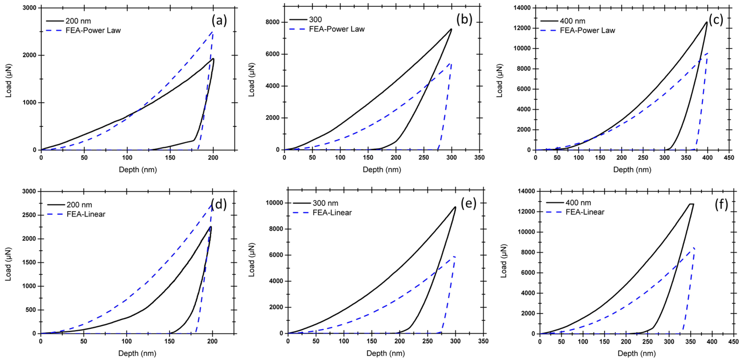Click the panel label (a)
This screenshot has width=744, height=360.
click(219, 21)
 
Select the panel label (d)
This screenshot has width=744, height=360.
click(219, 204)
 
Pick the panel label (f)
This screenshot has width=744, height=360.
click(721, 204)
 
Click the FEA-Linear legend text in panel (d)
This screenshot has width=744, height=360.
click(86, 214)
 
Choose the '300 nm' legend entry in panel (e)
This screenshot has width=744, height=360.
click(325, 203)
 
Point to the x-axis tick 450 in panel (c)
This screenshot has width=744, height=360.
click(729, 158)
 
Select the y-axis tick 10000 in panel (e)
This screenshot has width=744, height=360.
click(274, 203)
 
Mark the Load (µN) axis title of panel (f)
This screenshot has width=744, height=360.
click(503, 261)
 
